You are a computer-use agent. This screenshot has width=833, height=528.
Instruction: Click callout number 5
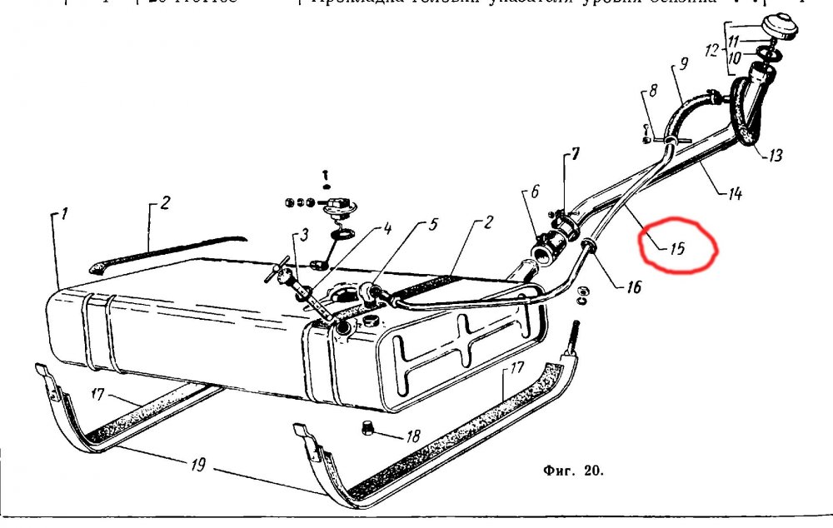click(x=433, y=225)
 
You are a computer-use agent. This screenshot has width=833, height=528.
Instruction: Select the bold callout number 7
click(x=574, y=156)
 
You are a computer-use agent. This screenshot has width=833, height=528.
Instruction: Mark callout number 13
click(x=775, y=156)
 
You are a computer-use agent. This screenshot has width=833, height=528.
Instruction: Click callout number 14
click(x=733, y=196)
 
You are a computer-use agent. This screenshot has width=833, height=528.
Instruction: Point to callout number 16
click(x=635, y=287)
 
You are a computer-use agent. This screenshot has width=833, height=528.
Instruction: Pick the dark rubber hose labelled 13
click(x=750, y=117)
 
